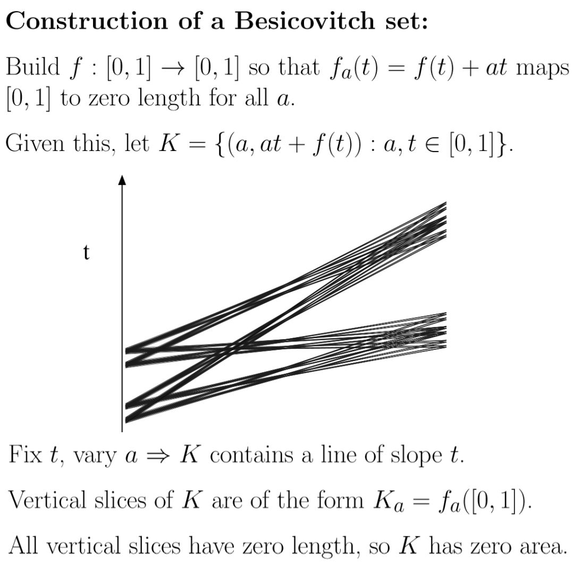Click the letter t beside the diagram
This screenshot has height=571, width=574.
coord(86,253)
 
